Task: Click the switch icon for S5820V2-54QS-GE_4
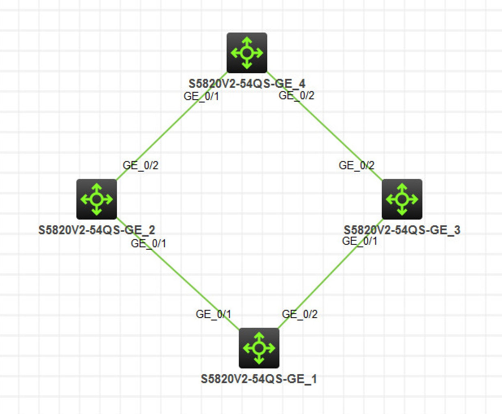click(247, 53)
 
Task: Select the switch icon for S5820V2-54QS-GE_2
click(97, 199)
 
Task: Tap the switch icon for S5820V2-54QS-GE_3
click(402, 199)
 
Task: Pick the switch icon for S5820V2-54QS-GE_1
click(259, 348)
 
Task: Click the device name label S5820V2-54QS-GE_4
click(247, 84)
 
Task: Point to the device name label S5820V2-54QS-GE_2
click(97, 230)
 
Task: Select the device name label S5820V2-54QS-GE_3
click(402, 230)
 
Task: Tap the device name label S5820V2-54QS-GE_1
click(259, 379)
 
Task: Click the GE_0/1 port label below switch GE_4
click(201, 96)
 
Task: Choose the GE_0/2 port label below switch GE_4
click(296, 96)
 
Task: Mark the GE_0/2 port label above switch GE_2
click(141, 166)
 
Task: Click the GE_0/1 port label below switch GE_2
click(149, 244)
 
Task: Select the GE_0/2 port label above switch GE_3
click(357, 166)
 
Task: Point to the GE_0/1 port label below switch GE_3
click(360, 241)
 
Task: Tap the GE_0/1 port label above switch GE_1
click(214, 314)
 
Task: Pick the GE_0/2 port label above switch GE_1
click(300, 314)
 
